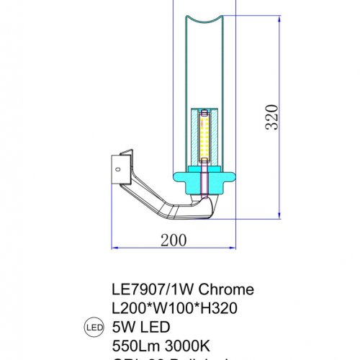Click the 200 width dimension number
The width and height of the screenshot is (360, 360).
coord(172,239)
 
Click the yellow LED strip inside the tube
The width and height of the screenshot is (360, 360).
coord(204,137)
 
